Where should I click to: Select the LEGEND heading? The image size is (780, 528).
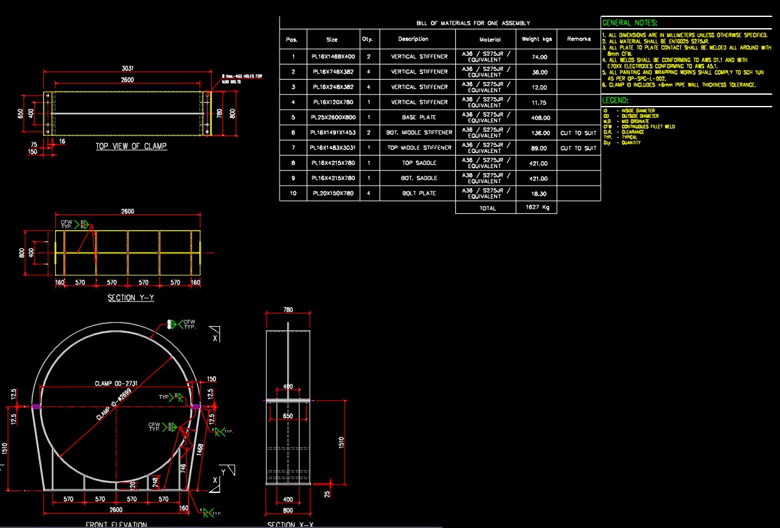click(x=615, y=100)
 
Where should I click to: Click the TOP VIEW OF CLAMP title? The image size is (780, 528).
click(x=131, y=146)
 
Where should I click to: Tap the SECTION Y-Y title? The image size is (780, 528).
click(x=130, y=298)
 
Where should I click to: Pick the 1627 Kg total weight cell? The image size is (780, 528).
click(x=536, y=208)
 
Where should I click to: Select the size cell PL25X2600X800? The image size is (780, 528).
click(x=332, y=117)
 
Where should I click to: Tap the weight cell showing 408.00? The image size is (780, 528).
click(x=536, y=117)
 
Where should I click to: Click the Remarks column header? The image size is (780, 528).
click(x=578, y=39)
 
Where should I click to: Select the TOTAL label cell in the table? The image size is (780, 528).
click(x=487, y=208)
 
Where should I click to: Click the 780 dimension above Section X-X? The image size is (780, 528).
click(x=288, y=310)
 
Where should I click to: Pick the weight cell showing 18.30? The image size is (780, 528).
click(x=536, y=194)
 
